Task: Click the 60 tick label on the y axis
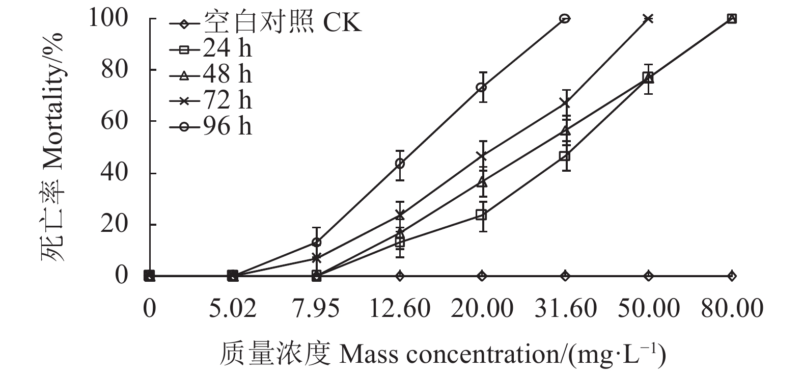(x=115, y=121)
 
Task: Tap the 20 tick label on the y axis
(x=115, y=224)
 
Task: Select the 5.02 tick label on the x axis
(x=232, y=308)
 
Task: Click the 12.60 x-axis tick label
(x=400, y=308)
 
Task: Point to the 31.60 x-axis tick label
(x=565, y=308)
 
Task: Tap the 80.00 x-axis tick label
(x=732, y=308)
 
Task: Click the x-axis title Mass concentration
(x=443, y=354)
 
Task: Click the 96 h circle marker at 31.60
(x=565, y=19)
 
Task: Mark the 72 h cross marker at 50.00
(x=648, y=19)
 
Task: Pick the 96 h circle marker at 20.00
(x=482, y=87)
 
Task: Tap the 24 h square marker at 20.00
(x=482, y=215)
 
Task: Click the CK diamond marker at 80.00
(x=732, y=276)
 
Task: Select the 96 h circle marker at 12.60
(x=400, y=164)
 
